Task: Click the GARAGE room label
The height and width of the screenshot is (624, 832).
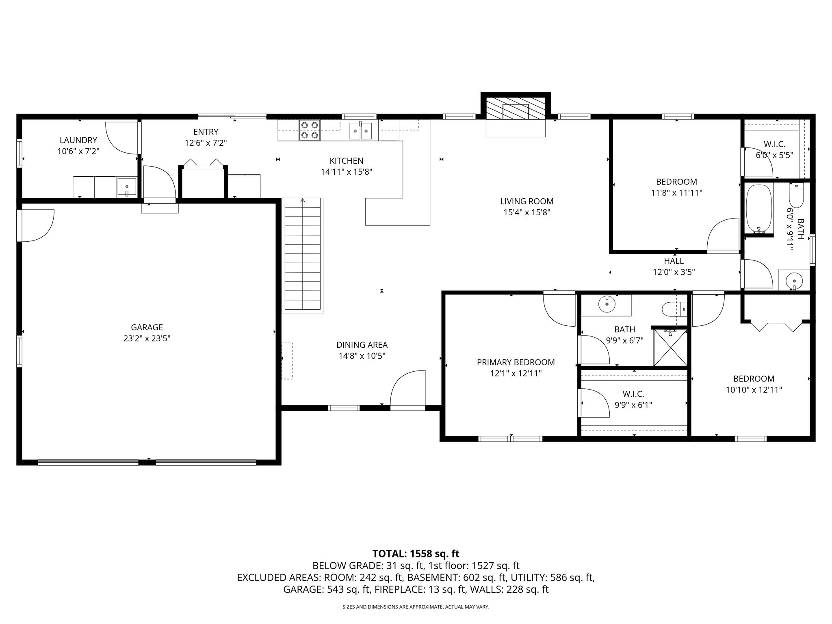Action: (x=147, y=327)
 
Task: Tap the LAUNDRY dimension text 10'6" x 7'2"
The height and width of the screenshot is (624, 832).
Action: (x=78, y=151)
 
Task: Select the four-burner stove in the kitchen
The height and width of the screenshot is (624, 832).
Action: (x=310, y=130)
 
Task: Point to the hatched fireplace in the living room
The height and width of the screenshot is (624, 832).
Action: (x=516, y=108)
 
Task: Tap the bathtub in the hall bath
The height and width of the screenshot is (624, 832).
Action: (x=758, y=209)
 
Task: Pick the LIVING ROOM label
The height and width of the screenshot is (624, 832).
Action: (x=526, y=201)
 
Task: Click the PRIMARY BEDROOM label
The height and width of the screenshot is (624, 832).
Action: (x=516, y=362)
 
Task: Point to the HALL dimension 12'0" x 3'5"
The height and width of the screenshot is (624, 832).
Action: (x=674, y=272)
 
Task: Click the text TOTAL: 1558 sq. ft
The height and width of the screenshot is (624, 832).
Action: (x=416, y=553)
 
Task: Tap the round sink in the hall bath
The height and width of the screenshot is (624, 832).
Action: (x=793, y=280)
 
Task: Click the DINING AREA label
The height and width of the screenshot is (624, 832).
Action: (x=362, y=345)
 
